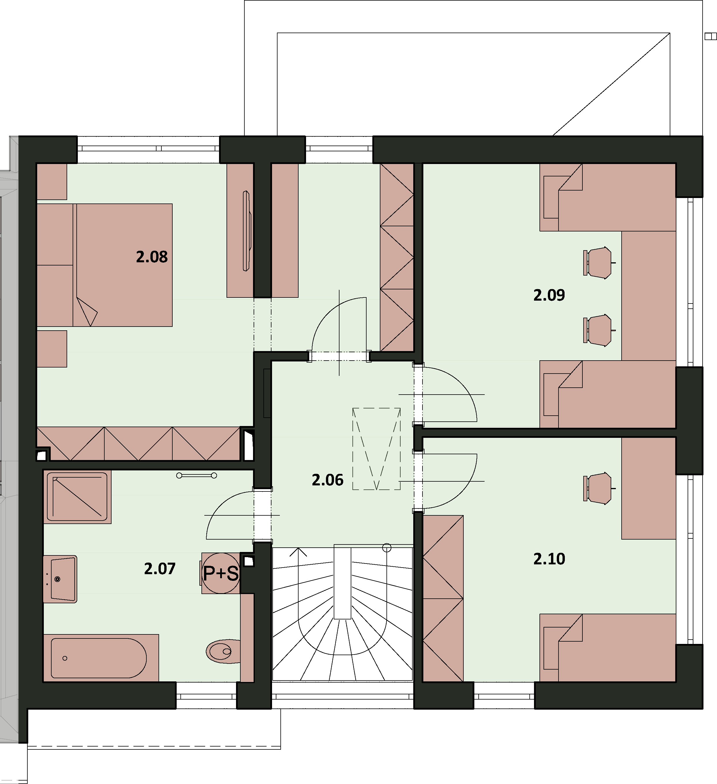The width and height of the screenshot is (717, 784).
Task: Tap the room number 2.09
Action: click(x=549, y=295)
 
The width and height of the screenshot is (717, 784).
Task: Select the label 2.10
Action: click(x=549, y=559)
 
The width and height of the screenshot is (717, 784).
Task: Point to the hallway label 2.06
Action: click(x=327, y=480)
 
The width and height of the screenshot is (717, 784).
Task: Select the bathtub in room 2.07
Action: click(x=101, y=658)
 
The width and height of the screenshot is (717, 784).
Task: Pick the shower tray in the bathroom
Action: click(x=77, y=497)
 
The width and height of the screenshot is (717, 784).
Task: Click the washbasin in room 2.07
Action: click(x=60, y=579)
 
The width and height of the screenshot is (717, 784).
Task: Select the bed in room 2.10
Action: click(x=608, y=648)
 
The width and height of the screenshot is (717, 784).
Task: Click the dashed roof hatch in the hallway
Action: click(x=376, y=449)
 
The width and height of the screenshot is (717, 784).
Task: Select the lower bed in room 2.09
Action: click(x=608, y=394)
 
